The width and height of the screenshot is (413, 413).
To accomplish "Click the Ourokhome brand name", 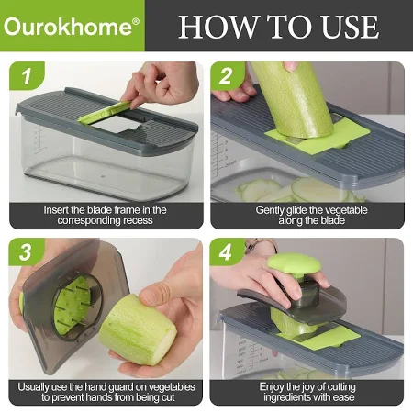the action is coord(69,27).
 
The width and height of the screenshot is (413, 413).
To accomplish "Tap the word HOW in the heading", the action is coord(217,27).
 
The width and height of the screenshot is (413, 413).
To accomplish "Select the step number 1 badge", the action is coord(27,76).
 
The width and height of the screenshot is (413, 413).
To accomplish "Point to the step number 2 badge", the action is coord(227,75).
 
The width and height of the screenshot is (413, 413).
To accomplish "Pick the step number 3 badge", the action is coord(26,252).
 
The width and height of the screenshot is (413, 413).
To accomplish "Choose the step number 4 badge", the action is coord(226,252).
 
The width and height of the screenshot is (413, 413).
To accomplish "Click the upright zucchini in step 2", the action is coord(292,99).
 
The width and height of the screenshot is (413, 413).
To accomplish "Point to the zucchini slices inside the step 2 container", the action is coord(294,190).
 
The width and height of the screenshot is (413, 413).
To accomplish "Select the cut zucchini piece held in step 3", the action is coord(138,329).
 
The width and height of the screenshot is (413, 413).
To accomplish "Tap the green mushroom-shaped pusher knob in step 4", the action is coord(294,263).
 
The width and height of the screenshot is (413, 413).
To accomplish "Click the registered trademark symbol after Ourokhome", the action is coord(136,21).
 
